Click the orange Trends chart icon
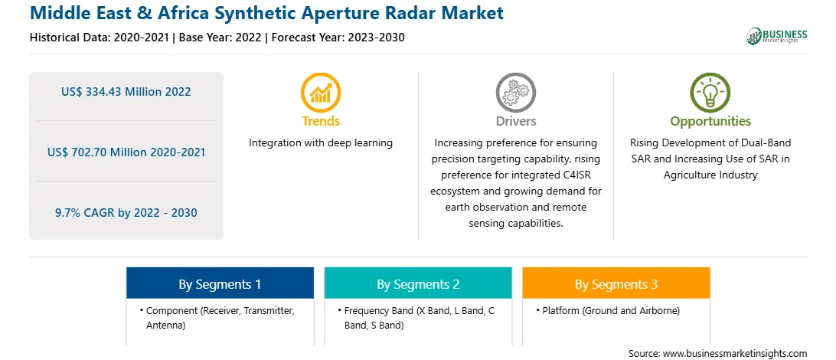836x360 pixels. point(321,92)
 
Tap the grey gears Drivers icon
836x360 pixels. point(515,92)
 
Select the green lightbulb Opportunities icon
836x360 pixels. point(710,92)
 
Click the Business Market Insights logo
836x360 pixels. point(777,36)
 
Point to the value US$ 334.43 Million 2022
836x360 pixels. point(126,92)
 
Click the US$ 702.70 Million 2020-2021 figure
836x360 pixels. point(126,152)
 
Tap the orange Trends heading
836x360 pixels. point(321,122)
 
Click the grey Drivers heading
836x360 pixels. point(515,122)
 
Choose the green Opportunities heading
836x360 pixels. point(710,122)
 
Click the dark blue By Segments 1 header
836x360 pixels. point(220,283)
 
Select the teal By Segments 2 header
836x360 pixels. point(418,283)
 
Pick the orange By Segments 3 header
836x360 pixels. point(616,283)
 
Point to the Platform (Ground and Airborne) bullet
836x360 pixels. point(609,310)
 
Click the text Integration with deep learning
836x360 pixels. point(321,143)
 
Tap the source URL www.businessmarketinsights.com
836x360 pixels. point(735,353)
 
